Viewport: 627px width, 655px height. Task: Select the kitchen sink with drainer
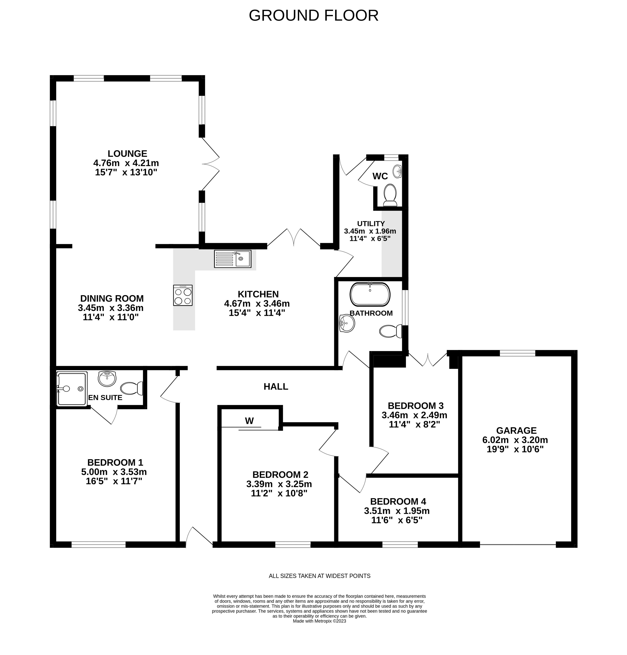pos(232,259)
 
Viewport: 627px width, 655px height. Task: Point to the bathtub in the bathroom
pos(370,294)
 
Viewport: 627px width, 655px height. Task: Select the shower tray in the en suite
pos(72,389)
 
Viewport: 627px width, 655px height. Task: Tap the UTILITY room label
pos(371,224)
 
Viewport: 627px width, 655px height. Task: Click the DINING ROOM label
pos(112,298)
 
